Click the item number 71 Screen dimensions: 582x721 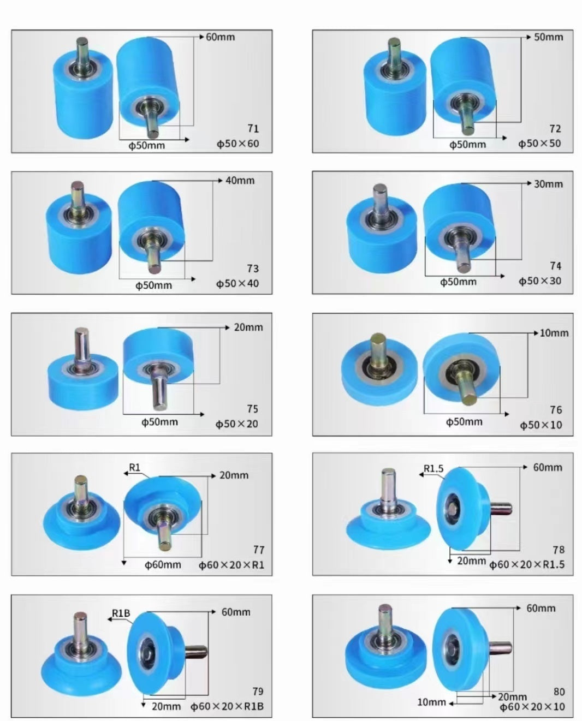(x=253, y=129)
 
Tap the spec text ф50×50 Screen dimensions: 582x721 (x=539, y=144)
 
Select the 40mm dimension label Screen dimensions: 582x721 (x=240, y=181)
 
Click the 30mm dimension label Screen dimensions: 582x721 (x=548, y=184)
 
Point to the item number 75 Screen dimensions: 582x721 (x=252, y=409)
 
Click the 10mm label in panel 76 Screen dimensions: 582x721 (x=554, y=333)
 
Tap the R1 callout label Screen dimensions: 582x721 (x=135, y=468)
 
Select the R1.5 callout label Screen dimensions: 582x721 (x=434, y=469)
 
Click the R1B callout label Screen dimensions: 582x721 (x=121, y=613)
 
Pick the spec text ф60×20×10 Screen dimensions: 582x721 (x=532, y=707)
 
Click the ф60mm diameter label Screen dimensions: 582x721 (x=163, y=565)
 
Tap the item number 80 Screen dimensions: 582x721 (x=559, y=692)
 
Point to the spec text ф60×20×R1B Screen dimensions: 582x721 (x=227, y=707)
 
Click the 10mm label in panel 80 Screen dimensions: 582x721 (x=431, y=702)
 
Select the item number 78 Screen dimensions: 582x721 (x=559, y=550)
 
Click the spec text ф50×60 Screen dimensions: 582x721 (x=237, y=144)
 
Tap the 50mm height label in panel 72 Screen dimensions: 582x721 (x=549, y=37)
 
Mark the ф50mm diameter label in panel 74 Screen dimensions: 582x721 (x=458, y=282)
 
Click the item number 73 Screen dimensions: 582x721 (x=253, y=269)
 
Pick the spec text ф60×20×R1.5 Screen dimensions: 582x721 (x=527, y=565)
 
